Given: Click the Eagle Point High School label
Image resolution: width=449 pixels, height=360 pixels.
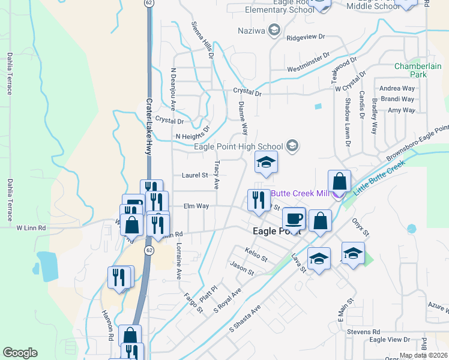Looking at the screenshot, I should point(238,146).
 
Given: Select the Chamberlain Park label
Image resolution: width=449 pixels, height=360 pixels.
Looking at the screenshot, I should point(410,70).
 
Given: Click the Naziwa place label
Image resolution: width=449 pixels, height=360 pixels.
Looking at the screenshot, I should point(252,31).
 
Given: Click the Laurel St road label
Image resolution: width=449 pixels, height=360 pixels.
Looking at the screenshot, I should point(194,176).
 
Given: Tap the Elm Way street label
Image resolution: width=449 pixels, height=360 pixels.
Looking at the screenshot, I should point(196,206).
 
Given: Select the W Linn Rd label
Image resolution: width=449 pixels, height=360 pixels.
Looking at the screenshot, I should point(31,228).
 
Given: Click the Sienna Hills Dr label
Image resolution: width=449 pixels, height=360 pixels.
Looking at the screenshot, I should point(202,40).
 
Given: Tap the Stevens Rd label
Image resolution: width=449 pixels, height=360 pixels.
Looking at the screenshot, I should point(367,331).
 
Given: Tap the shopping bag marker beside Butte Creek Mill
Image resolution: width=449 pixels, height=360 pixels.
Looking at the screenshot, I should point(339,181).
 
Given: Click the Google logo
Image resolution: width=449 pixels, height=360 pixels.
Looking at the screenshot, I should point(20,353).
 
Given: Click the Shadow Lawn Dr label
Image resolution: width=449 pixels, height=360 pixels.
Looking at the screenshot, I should point(348,122).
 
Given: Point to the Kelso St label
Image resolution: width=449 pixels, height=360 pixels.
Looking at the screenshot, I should point(256,254).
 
